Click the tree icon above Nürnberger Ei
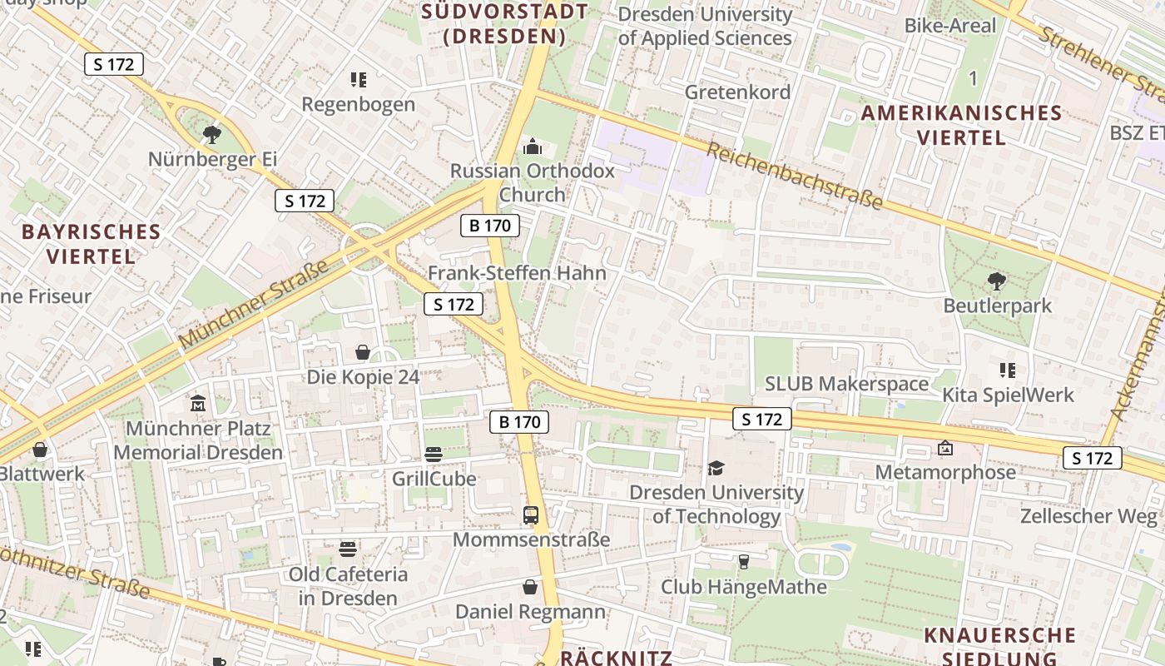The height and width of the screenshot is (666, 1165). point(212,133)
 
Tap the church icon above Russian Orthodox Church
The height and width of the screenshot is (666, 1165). point(532,147)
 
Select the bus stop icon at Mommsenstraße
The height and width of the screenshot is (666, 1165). point(531,514)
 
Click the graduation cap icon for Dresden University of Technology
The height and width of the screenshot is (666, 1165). point(716,468)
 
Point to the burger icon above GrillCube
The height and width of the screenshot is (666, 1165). point(434,455)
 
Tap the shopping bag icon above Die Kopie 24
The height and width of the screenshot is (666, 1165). point(363,352)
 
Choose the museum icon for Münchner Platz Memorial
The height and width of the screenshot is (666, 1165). point(198,404)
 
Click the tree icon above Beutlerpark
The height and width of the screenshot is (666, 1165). point(996,281)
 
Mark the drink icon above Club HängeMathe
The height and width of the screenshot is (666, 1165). point(743,562)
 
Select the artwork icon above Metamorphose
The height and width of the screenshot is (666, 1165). point(945,448)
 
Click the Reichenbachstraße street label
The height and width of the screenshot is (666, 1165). point(794,176)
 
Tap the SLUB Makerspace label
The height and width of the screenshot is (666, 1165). point(846,384)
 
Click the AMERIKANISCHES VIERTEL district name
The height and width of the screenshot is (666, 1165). point(961,125)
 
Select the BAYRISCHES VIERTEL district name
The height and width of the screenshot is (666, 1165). point(91,243)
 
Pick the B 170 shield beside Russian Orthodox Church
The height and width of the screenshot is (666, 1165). point(490,225)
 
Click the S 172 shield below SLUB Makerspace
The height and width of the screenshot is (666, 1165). point(761,420)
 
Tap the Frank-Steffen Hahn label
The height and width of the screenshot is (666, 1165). point(517,273)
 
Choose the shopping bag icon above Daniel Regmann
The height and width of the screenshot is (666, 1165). point(530,587)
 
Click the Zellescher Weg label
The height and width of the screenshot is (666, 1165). point(1089,516)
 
